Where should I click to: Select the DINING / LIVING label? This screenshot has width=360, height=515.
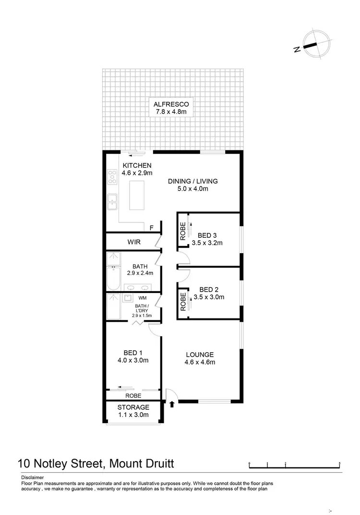192,181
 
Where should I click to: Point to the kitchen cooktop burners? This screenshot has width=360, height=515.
112,176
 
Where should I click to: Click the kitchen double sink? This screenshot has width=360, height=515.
112,202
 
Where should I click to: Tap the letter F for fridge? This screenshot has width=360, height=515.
151,228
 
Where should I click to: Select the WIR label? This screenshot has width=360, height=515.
134,242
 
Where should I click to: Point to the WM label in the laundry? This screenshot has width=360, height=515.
142,298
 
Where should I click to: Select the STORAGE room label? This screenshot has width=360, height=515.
133,407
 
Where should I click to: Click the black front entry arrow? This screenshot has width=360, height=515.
171,405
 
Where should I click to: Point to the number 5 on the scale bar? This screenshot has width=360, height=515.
339,463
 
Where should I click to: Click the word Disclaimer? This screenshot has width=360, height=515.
32,478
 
